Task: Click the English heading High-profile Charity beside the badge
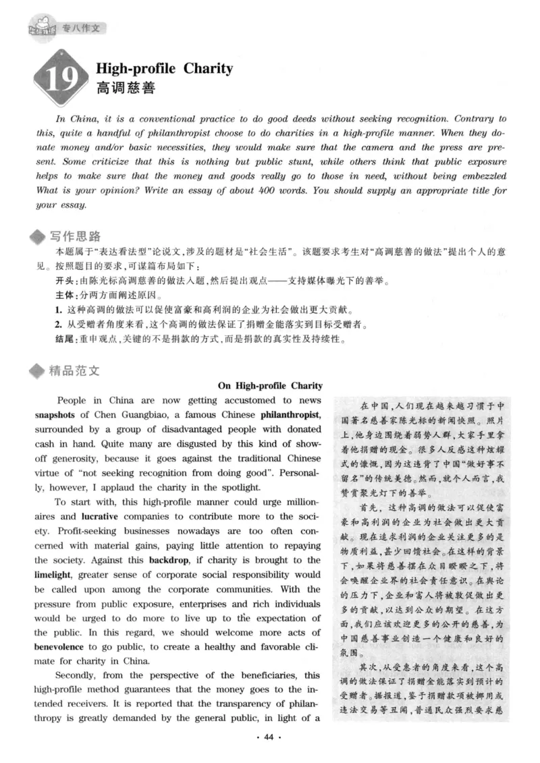[165, 68]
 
